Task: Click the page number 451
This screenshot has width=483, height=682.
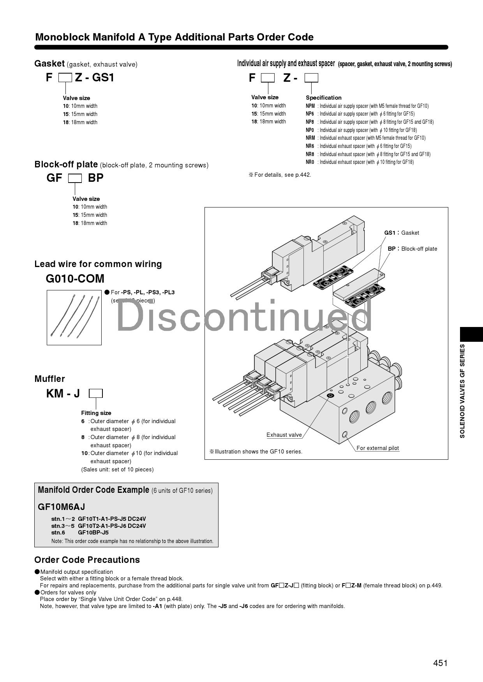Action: coord(440,663)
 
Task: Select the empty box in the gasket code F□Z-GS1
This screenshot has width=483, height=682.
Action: coord(65,78)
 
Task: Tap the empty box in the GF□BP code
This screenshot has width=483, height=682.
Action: coord(75,178)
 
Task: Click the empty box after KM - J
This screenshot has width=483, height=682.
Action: coord(95,394)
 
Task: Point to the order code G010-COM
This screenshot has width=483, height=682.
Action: coord(75,279)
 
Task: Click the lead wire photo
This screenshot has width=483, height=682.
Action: coord(74,317)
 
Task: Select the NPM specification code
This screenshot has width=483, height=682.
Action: coord(310,106)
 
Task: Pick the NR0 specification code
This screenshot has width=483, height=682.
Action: coord(310,162)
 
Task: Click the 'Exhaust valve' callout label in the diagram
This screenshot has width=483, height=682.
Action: coord(284,435)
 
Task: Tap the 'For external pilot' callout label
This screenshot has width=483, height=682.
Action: coord(377,448)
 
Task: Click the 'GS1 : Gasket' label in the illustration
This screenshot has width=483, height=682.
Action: coord(402,233)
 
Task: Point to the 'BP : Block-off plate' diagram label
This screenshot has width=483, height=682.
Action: coord(412,249)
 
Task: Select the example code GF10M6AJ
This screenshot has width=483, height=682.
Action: coord(61,507)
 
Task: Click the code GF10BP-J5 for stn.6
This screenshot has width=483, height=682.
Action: coord(93,533)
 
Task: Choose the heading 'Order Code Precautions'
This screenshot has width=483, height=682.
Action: coord(87,560)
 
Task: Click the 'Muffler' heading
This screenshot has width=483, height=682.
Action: coord(49,379)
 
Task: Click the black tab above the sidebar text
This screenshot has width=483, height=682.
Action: coord(471,334)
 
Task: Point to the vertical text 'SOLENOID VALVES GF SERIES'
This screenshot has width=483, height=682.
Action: coord(462,391)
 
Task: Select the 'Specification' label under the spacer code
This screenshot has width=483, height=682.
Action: coord(323,98)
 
